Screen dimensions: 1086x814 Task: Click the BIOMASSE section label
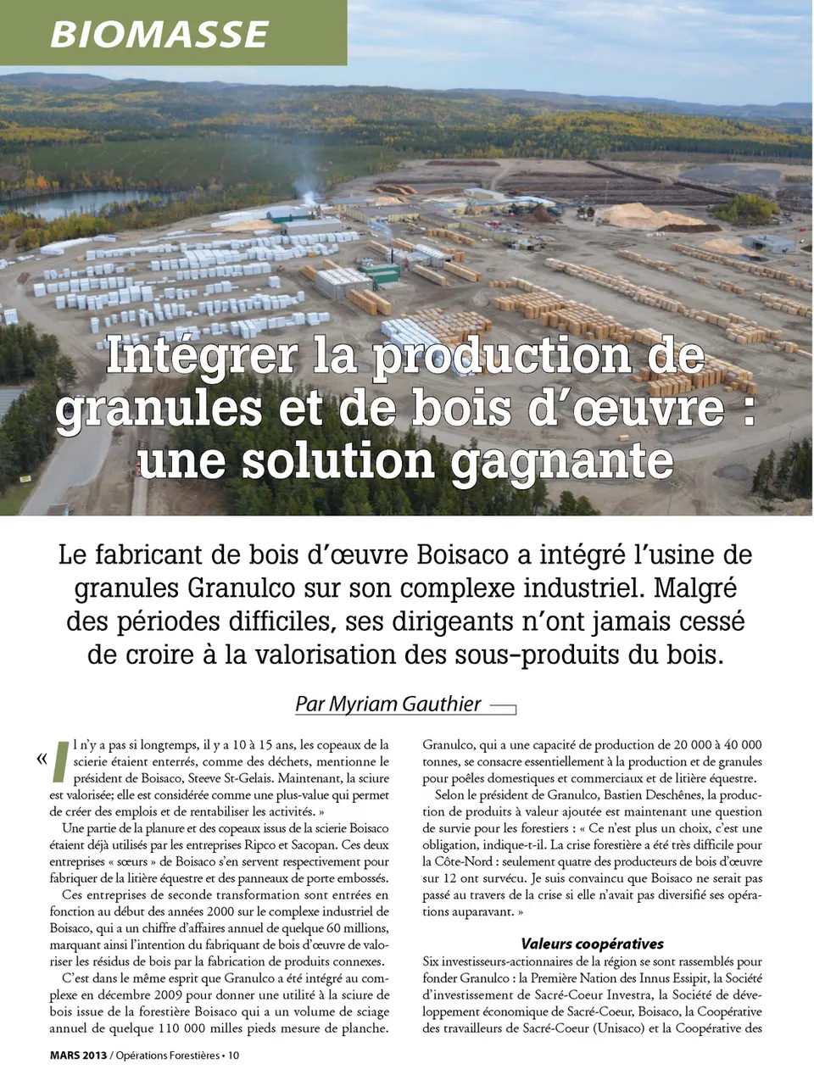click(x=159, y=32)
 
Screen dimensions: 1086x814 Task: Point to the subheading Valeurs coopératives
click(x=592, y=944)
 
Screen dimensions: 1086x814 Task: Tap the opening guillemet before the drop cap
click(x=41, y=757)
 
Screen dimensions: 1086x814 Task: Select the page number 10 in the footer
click(x=233, y=1055)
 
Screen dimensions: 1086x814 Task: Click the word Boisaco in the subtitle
click(x=469, y=555)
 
